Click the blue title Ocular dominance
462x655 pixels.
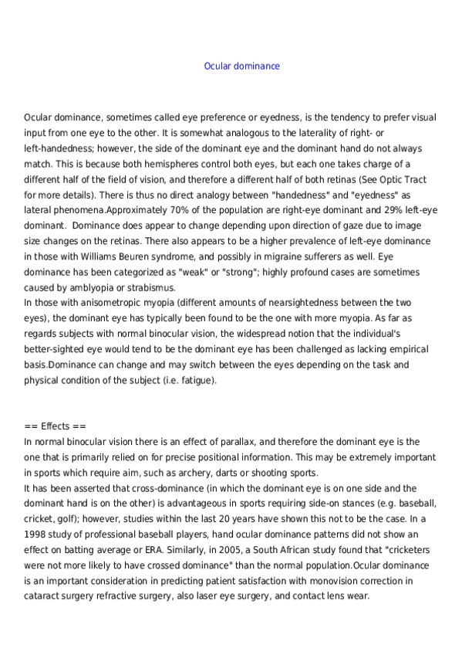coord(241,66)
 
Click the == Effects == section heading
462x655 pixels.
coord(55,426)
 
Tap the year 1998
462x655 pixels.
coord(35,535)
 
